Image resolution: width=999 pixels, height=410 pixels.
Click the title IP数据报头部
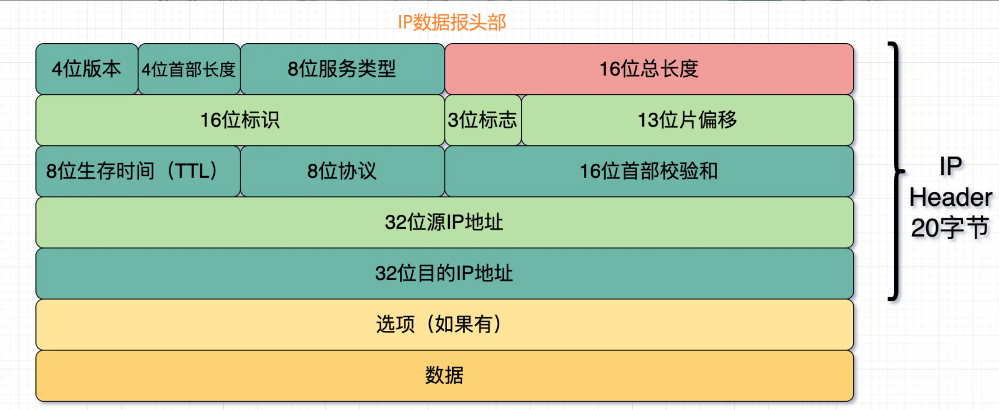pos(452,22)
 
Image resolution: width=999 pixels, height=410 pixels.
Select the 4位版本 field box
pos(86,69)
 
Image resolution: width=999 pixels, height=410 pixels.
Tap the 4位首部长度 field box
pos(189,69)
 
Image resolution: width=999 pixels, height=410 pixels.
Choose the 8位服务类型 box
pos(342,69)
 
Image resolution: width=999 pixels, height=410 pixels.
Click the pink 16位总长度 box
pos(649,69)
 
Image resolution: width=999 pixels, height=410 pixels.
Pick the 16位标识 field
pos(240,120)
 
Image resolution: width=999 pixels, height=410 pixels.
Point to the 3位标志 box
pos(482,120)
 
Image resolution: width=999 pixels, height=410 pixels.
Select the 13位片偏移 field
pos(687,120)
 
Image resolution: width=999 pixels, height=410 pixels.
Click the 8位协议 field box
pos(342,171)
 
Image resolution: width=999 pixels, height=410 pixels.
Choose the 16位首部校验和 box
pos(649,171)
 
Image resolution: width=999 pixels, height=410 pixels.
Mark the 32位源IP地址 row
pos(444,222)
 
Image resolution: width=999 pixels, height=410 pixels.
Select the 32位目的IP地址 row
pos(444,273)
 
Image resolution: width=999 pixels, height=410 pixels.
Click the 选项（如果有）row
pos(444,324)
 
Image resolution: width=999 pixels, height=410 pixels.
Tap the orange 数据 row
pos(444,375)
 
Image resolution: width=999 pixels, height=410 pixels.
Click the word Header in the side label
pos(951,197)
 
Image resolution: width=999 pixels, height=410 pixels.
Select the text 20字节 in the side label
pos(950,228)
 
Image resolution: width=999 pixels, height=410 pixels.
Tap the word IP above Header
pos(951,167)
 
